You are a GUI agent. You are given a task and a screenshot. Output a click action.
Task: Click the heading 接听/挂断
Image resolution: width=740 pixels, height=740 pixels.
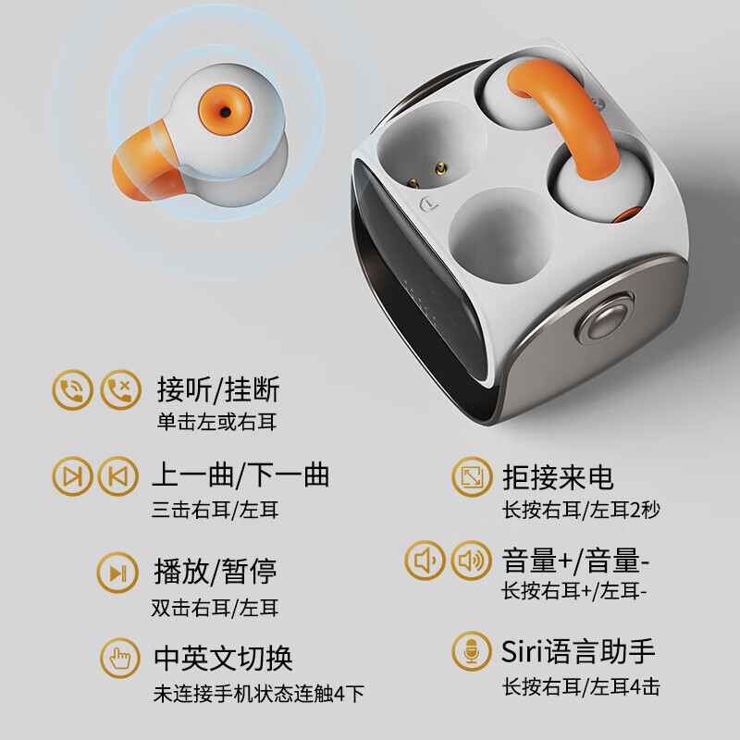pos(218,389)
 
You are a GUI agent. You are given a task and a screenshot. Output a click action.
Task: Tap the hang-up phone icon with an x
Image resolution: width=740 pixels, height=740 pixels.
pos(120,389)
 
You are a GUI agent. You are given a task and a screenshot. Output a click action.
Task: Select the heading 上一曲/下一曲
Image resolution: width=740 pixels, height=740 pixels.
pos(240,475)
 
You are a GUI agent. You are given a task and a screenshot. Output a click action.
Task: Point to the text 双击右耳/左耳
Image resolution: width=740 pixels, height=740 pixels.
pos(215,608)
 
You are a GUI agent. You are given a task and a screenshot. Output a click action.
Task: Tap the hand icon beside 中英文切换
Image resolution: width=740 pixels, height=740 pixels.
pos(118,658)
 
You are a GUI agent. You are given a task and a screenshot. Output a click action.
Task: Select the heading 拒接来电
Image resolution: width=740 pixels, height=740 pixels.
pos(558,477)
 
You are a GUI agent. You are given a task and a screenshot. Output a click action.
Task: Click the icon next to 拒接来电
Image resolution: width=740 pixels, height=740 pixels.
pos(472,478)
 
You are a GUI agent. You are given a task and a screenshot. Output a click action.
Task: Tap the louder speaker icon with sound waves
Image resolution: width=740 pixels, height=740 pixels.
pos(472,561)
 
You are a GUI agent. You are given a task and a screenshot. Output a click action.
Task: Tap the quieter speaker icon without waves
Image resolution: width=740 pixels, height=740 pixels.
pos(425,561)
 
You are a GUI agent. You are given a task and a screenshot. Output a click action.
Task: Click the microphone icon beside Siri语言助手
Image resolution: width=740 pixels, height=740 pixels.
pos(472,651)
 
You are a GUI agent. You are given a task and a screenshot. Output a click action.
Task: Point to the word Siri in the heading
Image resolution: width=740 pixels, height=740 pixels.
pos(525,651)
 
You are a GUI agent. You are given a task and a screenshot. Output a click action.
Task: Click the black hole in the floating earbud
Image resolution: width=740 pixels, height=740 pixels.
pos(225,110)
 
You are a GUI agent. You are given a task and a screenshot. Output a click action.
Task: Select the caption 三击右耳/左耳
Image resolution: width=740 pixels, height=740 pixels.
pos(215,510)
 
